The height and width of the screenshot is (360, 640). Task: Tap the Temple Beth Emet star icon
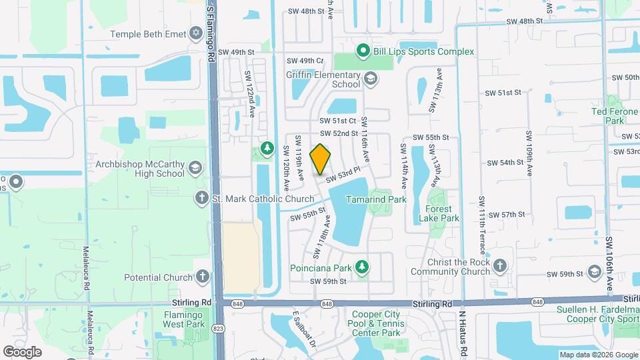[195, 33]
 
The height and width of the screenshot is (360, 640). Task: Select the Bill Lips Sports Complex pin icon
[363, 51]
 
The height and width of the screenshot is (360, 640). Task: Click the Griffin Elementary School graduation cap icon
[371, 80]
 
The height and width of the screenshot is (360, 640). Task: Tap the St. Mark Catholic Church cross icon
[201, 198]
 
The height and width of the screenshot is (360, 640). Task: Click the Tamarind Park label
[377, 199]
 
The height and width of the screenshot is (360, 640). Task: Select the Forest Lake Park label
[438, 213]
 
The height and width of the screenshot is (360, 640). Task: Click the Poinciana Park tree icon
[361, 267]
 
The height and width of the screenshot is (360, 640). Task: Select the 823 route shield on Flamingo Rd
[218, 328]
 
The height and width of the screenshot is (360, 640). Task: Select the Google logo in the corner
[22, 351]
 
